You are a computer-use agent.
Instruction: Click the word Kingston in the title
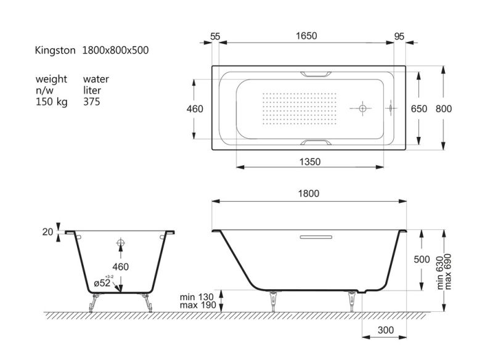55,51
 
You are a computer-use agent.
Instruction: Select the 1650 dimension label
306,36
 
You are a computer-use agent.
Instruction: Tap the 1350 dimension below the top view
310,162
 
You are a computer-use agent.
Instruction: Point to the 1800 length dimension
309,194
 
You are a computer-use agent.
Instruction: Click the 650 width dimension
419,108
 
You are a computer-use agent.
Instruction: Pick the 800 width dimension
444,108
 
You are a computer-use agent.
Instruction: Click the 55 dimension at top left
215,36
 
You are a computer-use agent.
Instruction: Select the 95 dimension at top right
399,36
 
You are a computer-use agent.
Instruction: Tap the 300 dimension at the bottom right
386,330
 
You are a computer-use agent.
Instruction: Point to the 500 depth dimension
422,260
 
